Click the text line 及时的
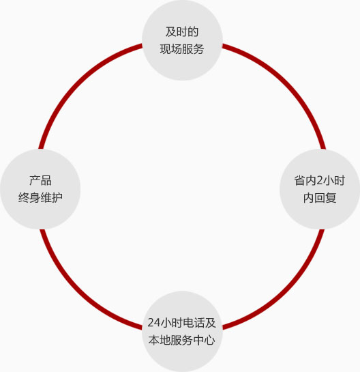pos(182,32)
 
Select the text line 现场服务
pos(182,49)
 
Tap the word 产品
pos(40,180)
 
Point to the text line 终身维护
pos(40,198)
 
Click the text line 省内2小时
pos(320,180)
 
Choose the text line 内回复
pos(320,198)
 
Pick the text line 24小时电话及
pos(182,323)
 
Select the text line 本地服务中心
pos(182,340)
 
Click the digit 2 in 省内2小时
pos(320,181)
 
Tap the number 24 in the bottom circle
pos(154,323)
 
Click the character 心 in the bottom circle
pos(210,340)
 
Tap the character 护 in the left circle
pos(57,198)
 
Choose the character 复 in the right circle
pos(331,198)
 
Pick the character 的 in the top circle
pos(193,32)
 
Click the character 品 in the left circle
pos(46,181)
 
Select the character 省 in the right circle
pos(300,181)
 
